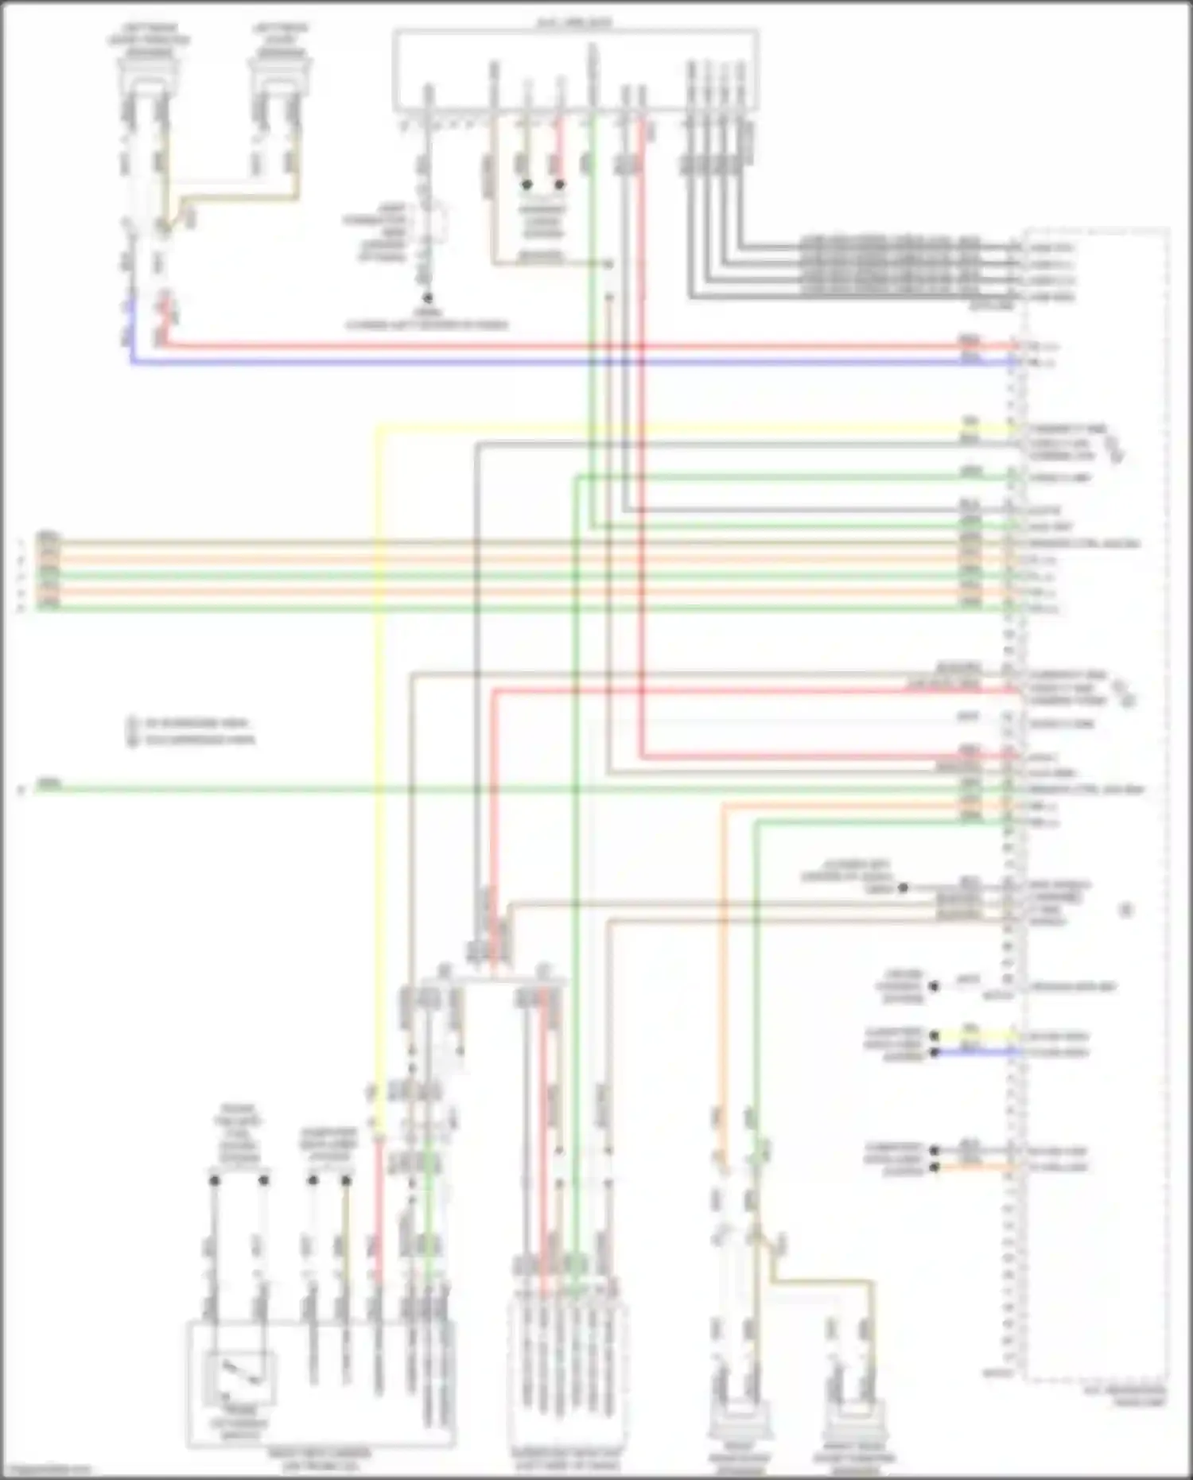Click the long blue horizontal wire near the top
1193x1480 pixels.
[x=557, y=362]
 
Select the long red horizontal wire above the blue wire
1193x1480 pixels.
[x=557, y=346]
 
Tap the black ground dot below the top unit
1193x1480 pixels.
[x=427, y=298]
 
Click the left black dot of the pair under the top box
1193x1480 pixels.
[x=527, y=185]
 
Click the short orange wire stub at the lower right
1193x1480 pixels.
[x=974, y=1167]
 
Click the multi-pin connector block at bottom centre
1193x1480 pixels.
[x=566, y=1376]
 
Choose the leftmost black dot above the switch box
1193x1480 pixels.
[x=214, y=1181]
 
